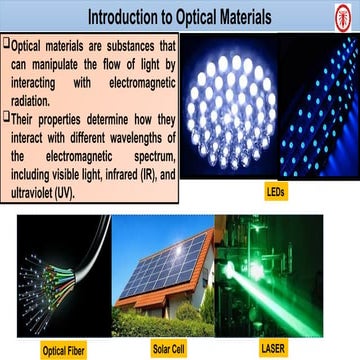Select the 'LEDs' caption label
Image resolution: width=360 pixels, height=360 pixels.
(274, 189)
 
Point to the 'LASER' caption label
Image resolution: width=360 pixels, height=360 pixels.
(272, 351)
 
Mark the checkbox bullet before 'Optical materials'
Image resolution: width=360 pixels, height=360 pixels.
(6, 45)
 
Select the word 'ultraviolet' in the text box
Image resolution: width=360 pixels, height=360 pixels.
(39, 190)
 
